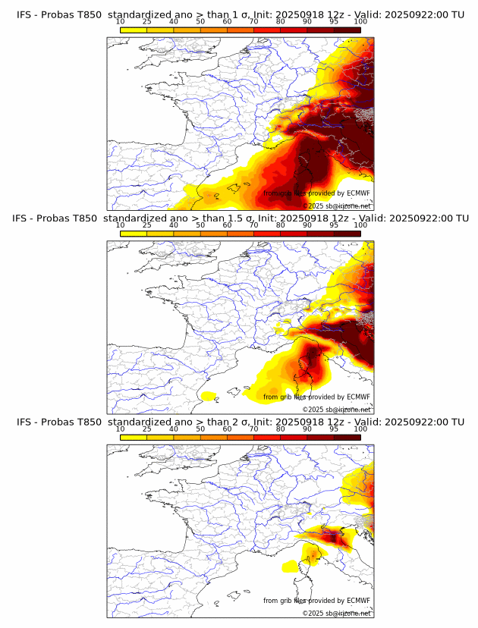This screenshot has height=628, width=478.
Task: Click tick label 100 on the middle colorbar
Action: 360,226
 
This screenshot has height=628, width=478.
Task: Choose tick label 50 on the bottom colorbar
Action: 200,429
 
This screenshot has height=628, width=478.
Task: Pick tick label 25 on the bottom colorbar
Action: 147,429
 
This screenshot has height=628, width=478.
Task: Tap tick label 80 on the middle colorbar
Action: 281,226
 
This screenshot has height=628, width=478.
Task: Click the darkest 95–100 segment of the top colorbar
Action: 347,30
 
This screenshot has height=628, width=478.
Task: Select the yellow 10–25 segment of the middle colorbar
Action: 134,233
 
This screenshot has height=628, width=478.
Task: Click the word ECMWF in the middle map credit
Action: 357,397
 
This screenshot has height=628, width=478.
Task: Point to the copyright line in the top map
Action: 337,206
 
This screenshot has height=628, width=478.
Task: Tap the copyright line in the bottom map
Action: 337,613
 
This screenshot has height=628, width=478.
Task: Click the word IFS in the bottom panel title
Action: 25,422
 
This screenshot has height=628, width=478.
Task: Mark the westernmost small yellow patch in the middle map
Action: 206,395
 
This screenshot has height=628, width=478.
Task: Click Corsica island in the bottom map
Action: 310,559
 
